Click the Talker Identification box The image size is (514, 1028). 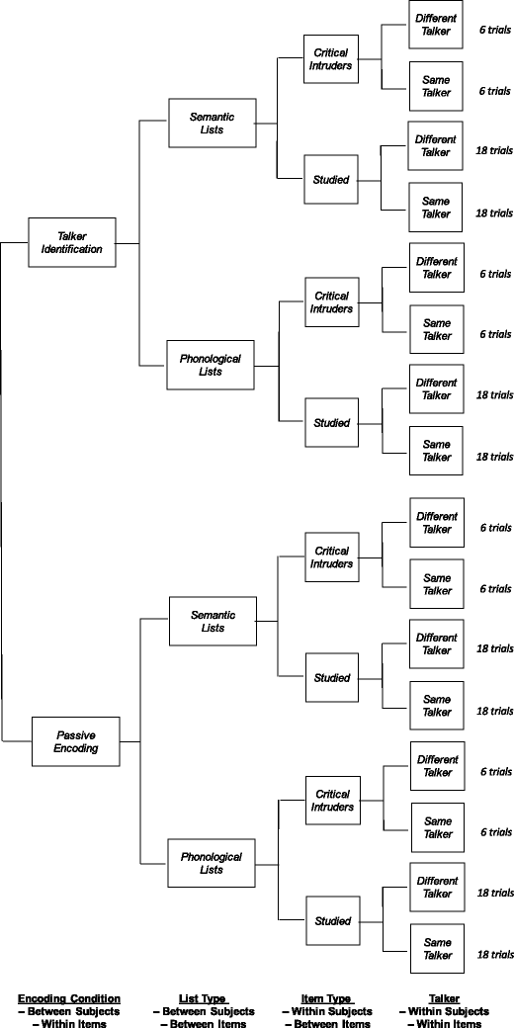pos(72,242)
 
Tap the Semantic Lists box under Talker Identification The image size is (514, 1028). pos(213,123)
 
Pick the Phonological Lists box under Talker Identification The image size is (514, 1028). pos(211,365)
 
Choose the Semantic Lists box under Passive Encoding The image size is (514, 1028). pos(214,622)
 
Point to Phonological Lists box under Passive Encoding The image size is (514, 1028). pos(211,863)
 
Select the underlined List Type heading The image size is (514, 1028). pos(204,998)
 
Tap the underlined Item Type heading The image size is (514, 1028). pos(332,998)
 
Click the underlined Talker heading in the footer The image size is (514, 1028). pos(448,998)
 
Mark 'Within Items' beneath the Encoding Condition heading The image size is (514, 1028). pos(74,1023)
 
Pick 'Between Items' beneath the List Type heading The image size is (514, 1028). pos(204,1023)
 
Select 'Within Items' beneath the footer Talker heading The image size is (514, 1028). pos(450,1023)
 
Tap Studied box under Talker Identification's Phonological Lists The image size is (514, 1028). pos(332,423)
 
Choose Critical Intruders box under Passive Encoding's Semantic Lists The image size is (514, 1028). pos(332,557)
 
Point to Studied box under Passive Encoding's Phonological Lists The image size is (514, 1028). pos(332,921)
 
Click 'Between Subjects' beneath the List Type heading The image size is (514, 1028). pos(204,1011)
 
